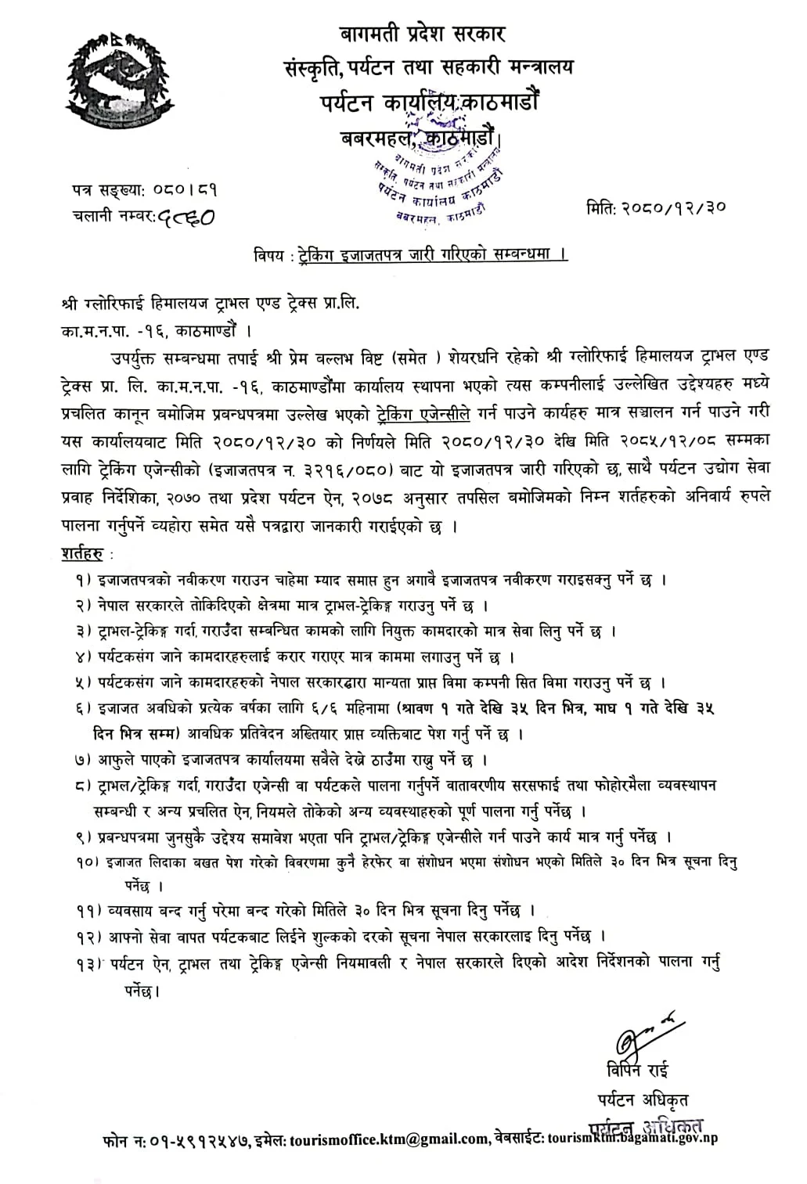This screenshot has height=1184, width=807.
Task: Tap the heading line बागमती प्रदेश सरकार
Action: pyautogui.click(x=423, y=34)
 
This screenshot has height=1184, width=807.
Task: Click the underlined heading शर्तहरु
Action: pyautogui.click(x=82, y=554)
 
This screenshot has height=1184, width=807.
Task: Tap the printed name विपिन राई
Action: pyautogui.click(x=637, y=1070)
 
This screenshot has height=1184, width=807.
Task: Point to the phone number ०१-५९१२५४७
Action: pyautogui.click(x=198, y=1140)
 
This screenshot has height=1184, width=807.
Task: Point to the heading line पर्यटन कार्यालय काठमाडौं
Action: pyautogui.click(x=429, y=102)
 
